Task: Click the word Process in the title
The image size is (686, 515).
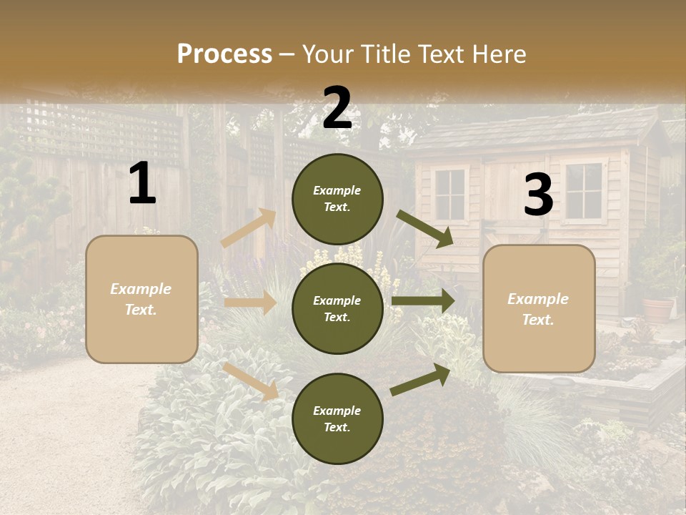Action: click(x=224, y=54)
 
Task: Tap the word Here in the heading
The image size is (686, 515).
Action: click(x=498, y=54)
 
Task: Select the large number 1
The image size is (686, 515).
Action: click(x=142, y=184)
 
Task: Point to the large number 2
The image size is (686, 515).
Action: click(x=337, y=108)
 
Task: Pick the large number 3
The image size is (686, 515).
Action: click(x=538, y=195)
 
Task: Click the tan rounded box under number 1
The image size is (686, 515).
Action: click(x=141, y=299)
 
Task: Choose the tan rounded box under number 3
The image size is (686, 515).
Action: click(x=539, y=309)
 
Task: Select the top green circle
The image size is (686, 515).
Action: click(x=337, y=199)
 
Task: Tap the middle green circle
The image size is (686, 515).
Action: click(x=337, y=309)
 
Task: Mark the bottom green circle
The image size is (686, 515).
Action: click(x=337, y=419)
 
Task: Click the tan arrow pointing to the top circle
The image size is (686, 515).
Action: click(x=249, y=228)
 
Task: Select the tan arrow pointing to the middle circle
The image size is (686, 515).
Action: click(x=250, y=303)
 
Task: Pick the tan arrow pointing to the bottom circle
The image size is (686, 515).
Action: click(x=250, y=381)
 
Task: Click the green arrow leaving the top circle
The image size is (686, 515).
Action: click(x=425, y=228)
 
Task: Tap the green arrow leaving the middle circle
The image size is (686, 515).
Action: click(x=423, y=301)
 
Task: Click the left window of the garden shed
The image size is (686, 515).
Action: click(x=449, y=195)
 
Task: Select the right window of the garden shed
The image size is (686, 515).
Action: click(x=583, y=190)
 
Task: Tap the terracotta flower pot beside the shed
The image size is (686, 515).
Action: click(x=658, y=309)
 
